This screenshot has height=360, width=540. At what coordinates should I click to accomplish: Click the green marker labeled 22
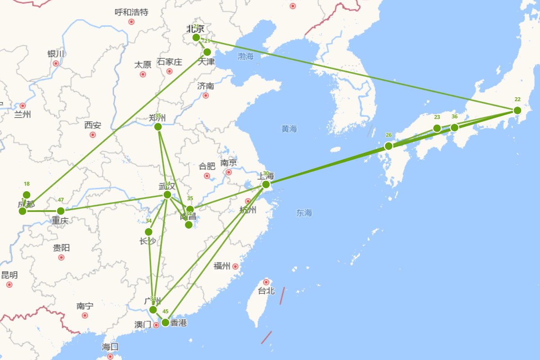[x=517, y=110]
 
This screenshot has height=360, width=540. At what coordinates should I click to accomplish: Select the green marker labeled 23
[x=437, y=128]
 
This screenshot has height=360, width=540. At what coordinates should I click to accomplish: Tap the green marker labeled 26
[x=389, y=146]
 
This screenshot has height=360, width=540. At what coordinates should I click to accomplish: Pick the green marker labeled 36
[x=454, y=128]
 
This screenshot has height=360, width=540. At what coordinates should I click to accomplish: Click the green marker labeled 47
[x=61, y=211]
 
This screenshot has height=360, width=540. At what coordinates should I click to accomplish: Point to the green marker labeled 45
[x=165, y=322]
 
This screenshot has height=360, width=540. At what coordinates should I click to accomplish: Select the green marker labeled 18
[x=27, y=195]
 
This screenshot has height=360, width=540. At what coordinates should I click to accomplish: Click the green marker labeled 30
[x=266, y=184]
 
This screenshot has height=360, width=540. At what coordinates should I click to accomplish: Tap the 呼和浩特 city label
[x=131, y=12]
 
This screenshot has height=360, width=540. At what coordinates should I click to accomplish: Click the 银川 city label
[x=56, y=54]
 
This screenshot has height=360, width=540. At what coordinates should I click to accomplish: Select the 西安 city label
[x=93, y=125]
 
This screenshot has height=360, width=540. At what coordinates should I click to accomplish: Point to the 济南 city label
[x=206, y=86]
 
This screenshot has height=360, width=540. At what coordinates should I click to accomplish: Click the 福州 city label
[x=222, y=266]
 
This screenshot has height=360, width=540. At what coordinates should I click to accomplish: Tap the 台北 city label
[x=266, y=291]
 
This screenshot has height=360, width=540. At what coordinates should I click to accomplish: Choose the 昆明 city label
[x=9, y=275]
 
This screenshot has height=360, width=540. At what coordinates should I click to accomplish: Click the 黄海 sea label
[x=289, y=129]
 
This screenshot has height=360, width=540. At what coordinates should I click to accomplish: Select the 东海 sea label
[x=304, y=213]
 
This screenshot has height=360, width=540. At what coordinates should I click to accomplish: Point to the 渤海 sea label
[x=246, y=57]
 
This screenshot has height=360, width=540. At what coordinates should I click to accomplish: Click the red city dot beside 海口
[x=110, y=356]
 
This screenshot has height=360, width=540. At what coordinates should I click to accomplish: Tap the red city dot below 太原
[x=143, y=74]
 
